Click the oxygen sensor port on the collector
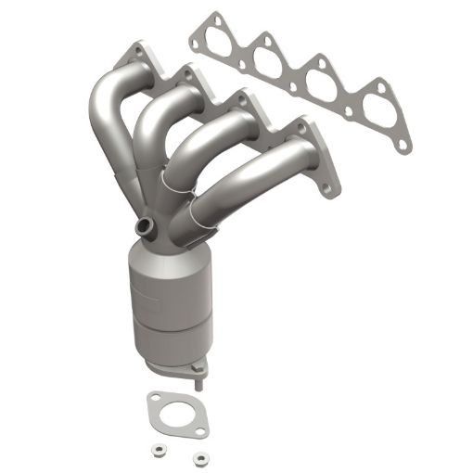146,225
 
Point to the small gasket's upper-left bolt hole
154,401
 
